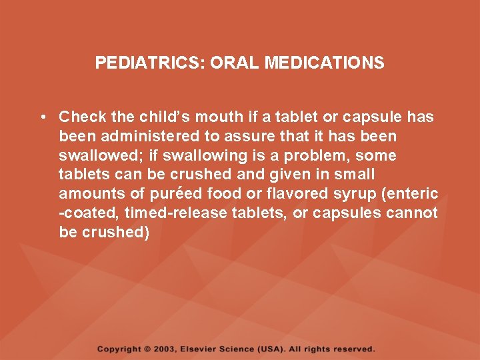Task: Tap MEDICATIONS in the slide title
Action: tap(325, 63)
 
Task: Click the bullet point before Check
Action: tap(42, 117)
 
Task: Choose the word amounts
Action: tap(86, 194)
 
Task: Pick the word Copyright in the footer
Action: tap(119, 349)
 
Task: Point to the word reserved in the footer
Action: tap(353, 349)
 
